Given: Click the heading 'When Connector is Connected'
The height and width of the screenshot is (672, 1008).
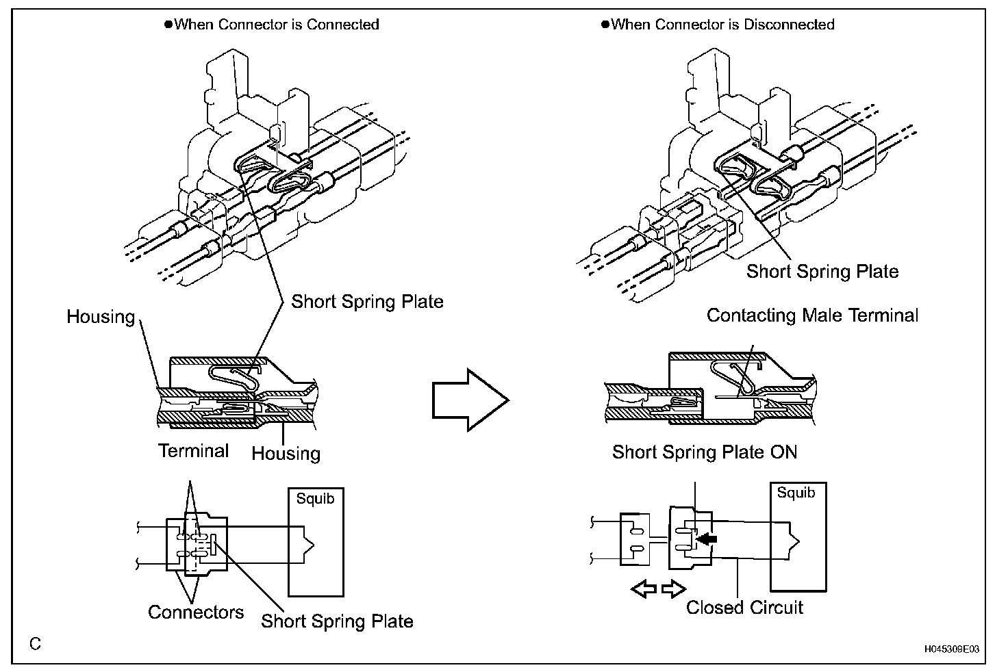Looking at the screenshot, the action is (x=276, y=24).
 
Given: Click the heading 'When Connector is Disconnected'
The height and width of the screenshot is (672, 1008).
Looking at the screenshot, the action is (x=722, y=24).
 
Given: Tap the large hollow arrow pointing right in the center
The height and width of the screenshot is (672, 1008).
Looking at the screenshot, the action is (x=470, y=400).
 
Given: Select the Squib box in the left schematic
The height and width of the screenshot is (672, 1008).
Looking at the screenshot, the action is (x=316, y=542).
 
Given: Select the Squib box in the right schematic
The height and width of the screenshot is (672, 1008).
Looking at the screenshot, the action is (x=798, y=537).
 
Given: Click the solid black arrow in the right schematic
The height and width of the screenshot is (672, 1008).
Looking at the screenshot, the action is (x=706, y=539).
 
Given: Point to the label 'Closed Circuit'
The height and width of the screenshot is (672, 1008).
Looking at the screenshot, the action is (x=744, y=607).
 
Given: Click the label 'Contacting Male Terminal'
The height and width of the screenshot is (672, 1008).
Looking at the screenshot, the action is (x=812, y=315).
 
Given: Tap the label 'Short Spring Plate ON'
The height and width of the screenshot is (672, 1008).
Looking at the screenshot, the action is (x=704, y=452).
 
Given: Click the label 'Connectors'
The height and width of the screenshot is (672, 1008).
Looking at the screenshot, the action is (x=196, y=612).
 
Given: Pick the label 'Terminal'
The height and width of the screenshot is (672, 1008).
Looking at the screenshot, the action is (x=194, y=451).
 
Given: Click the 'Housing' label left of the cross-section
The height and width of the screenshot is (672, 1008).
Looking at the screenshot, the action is (x=101, y=317).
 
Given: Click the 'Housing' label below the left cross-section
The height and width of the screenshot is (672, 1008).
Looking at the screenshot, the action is (x=286, y=454).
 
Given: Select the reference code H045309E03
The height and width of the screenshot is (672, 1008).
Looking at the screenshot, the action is (x=952, y=649).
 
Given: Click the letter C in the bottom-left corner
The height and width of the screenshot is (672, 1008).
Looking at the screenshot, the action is (x=35, y=644).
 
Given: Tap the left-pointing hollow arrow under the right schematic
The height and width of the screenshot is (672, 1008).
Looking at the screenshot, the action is (x=644, y=589).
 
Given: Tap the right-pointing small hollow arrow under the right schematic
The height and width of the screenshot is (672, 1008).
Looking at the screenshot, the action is (x=674, y=589).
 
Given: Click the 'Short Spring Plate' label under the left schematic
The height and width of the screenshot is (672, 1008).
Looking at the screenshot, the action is (x=337, y=621).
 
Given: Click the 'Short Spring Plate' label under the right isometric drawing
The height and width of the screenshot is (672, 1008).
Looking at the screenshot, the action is (x=822, y=271).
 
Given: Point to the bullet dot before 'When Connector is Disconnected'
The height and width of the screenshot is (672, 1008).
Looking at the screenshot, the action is (x=605, y=24).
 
